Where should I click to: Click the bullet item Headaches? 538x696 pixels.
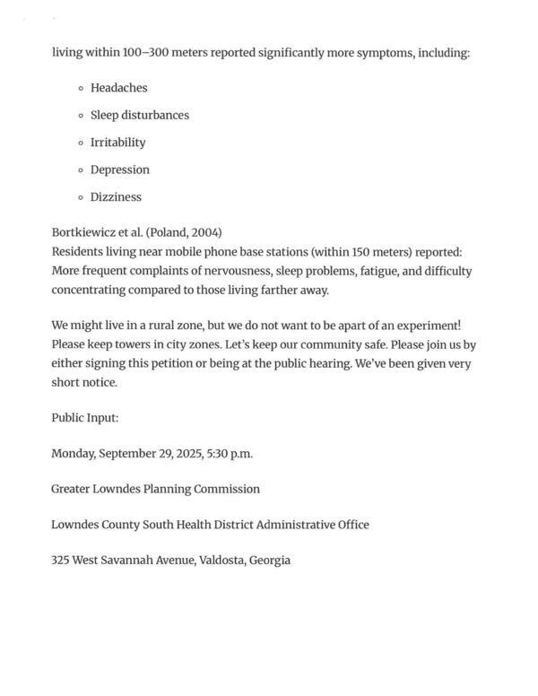coord(118,88)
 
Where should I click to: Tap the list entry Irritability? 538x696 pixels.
coord(117,143)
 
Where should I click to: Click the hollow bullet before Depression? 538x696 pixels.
coord(82,170)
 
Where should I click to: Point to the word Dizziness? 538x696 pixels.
coord(116,197)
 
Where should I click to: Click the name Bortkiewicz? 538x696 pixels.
coord(83,231)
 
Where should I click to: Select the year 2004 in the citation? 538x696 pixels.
coord(205,231)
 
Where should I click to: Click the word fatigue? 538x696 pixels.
coord(377,271)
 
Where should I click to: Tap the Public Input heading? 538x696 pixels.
coord(85,418)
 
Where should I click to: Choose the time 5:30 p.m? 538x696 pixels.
coord(230,454)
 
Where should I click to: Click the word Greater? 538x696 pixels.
coord(74,489)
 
